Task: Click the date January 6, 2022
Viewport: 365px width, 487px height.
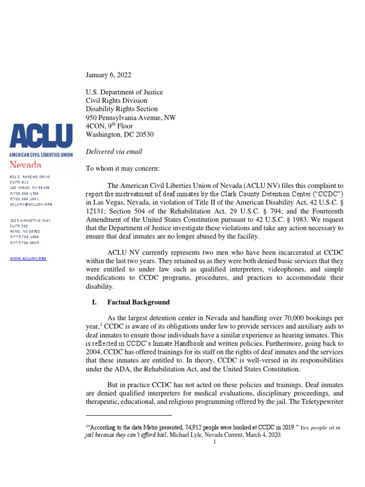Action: pyautogui.click(x=108, y=75)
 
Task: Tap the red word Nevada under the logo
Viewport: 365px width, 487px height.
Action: pyautogui.click(x=26, y=165)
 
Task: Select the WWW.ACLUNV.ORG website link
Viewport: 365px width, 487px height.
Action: pyautogui.click(x=28, y=258)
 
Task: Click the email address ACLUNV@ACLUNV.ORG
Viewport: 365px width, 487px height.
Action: pyautogui.click(x=31, y=204)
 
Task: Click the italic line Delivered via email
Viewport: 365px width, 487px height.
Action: pyautogui.click(x=114, y=152)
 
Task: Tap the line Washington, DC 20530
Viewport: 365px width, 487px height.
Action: pyautogui.click(x=120, y=135)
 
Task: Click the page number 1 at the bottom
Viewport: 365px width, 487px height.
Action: pyautogui.click(x=215, y=442)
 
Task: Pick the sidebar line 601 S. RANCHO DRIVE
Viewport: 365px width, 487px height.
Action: pyautogui.click(x=30, y=177)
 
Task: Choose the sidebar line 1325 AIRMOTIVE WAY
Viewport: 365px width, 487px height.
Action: pyautogui.click(x=30, y=221)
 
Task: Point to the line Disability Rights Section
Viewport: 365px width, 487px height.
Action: pyautogui.click(x=121, y=109)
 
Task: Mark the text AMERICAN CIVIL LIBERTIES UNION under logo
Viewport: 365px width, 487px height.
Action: pyautogui.click(x=41, y=155)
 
